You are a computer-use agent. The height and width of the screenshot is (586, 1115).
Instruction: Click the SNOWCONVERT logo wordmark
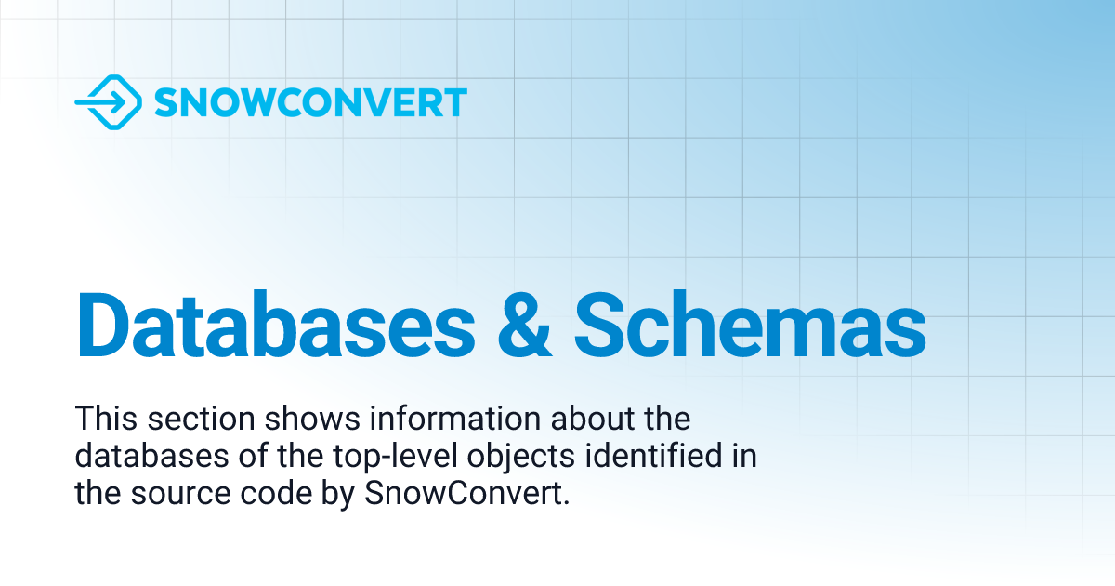pos(310,102)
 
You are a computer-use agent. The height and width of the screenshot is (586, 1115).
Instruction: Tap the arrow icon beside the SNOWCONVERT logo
pos(108,102)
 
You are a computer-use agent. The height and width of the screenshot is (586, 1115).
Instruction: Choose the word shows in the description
pos(269,419)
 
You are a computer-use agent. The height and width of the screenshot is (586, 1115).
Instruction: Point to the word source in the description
pos(160,494)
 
